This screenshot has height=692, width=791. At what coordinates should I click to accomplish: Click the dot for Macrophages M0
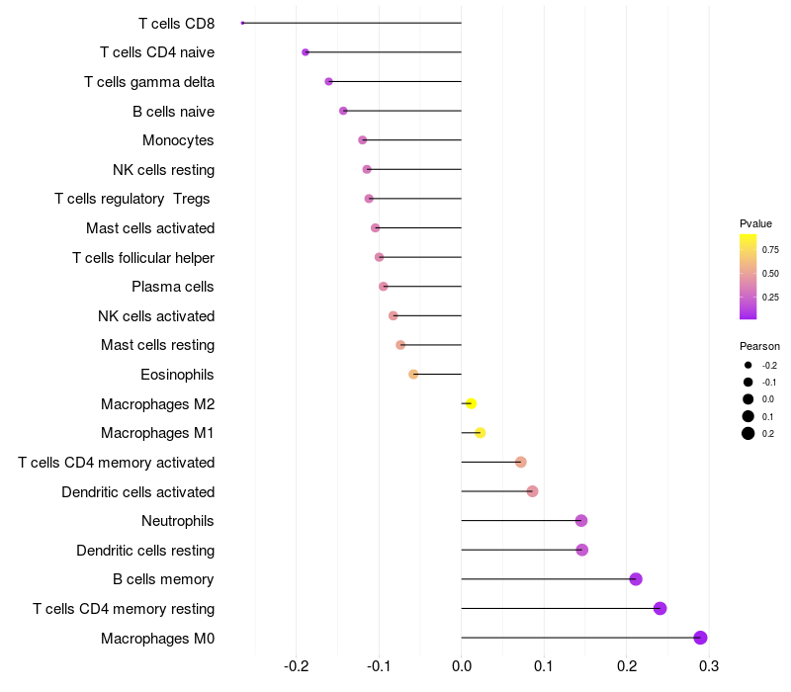[701, 638]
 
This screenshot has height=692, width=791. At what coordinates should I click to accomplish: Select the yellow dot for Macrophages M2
[471, 403]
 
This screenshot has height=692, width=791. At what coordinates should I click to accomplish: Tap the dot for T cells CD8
[242, 23]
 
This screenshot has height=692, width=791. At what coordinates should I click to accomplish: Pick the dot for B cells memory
[636, 579]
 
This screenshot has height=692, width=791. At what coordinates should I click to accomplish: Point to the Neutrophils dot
[581, 521]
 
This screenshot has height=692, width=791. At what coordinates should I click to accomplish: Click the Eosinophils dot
[413, 375]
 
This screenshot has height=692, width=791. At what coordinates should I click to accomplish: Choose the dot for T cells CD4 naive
[306, 52]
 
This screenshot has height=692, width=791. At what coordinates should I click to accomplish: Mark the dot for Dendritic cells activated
[532, 491]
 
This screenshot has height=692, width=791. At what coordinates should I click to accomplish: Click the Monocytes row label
[178, 140]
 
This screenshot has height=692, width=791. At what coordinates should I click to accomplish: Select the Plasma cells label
[173, 287]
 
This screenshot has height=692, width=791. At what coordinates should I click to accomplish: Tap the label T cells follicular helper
[143, 258]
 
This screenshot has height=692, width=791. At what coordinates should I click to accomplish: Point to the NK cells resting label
[163, 170]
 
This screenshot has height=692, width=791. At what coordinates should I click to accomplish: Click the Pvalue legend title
[755, 223]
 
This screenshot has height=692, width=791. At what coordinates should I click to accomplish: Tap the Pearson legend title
[759, 346]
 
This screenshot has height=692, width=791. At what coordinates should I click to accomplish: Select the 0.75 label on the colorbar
[770, 250]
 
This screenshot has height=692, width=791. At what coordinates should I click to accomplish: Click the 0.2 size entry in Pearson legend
[748, 433]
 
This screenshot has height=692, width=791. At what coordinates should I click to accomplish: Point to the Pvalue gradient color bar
[748, 277]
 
